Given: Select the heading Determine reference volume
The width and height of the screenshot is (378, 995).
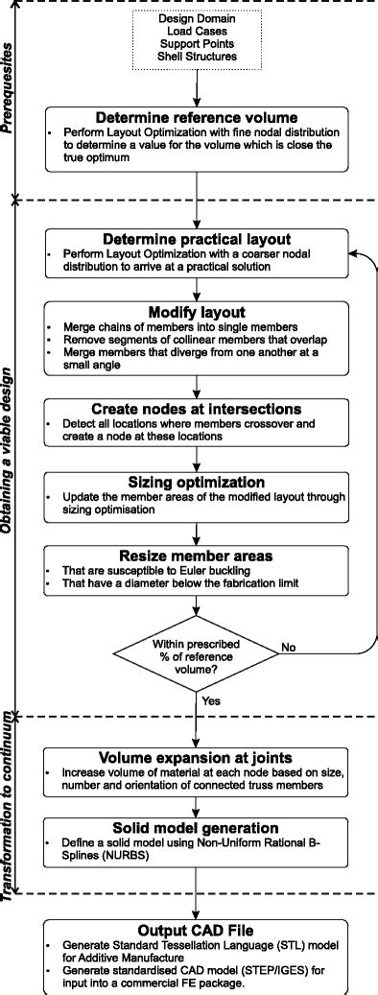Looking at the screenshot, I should [196, 120].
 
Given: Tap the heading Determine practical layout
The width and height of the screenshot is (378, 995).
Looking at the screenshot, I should [196, 239].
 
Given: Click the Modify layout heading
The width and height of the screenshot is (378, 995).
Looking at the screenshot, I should [196, 313].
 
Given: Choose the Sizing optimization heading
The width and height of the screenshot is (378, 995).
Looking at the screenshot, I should [196, 481].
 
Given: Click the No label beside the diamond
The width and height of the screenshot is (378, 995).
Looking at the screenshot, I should [288, 649].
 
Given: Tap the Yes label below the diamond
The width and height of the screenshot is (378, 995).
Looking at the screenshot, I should [212, 701].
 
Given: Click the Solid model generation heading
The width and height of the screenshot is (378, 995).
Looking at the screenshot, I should [196, 826].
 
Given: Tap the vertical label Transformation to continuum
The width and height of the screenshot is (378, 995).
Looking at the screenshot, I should [12, 807].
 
